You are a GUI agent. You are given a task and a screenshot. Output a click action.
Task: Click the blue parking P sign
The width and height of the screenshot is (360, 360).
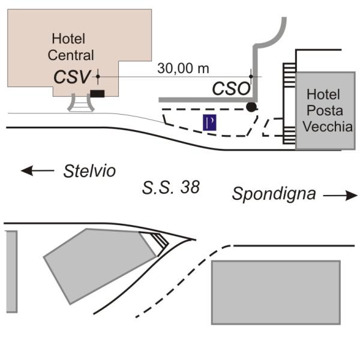point(209,122)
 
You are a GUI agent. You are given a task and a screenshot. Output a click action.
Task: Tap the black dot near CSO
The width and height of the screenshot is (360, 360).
point(251,107)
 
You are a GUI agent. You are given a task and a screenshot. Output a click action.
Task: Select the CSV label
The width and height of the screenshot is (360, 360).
point(73,77)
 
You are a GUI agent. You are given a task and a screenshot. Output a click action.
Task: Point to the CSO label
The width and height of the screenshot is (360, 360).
point(230,89)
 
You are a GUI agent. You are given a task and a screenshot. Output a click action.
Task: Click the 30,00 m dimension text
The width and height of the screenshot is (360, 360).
point(183,68)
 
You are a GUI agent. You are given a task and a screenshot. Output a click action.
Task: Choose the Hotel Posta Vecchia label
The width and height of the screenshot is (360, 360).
point(324,110)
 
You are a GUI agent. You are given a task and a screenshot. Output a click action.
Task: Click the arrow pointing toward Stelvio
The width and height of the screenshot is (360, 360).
point(37,171)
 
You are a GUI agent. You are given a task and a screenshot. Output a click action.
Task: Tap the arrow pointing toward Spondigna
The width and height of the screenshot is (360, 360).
point(340,195)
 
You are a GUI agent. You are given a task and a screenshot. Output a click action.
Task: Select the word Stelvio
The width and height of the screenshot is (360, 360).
point(89,171)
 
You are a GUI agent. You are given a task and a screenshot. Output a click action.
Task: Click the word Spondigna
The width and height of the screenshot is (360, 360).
point(274,194)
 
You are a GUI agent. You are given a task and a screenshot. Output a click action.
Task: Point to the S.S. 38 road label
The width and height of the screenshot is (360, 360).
point(171,188)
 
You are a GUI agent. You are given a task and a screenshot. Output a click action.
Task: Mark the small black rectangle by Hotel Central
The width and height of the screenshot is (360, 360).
point(97,93)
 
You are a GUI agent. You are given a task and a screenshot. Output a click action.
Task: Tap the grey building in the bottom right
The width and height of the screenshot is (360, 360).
point(275,292)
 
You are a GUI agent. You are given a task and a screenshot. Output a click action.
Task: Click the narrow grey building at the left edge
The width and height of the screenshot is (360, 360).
point(10,271)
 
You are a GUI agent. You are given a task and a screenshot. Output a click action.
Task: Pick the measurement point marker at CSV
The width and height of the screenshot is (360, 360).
point(97,77)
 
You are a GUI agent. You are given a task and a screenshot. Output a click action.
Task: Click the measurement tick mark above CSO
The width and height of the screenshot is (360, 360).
point(251,77)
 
